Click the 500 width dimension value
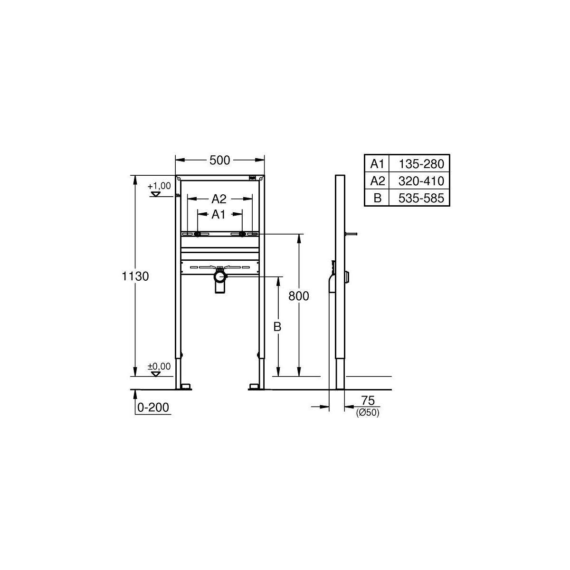coord(219,161)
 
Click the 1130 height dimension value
coord(135,276)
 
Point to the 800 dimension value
coord(298,296)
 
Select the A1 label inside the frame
coord(218,214)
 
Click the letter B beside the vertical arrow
coord(277,327)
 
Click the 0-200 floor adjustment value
coord(153,407)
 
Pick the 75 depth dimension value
coord(368,400)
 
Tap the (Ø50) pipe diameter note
coord(368,412)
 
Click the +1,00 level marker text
coord(159,186)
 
